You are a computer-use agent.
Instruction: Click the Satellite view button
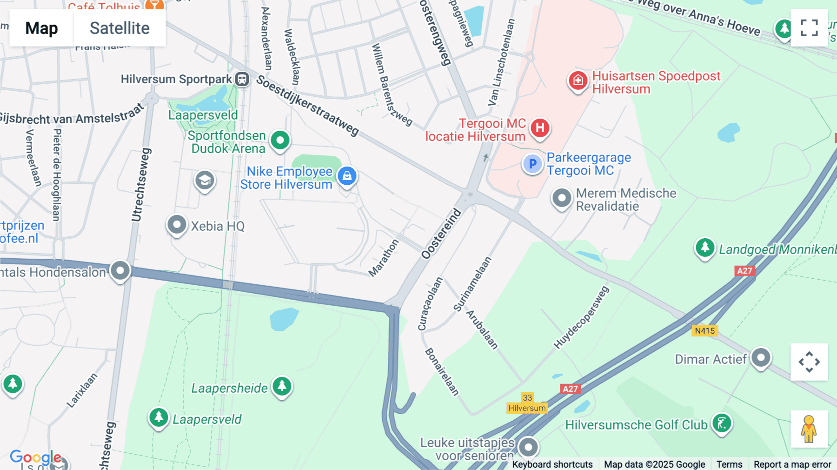coord(120,28)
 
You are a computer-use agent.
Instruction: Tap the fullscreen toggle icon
coord(809,28)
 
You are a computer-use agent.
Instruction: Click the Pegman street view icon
coord(809,429)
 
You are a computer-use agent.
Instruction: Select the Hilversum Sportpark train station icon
coord(242,79)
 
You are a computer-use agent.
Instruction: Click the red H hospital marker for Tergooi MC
coord(539,128)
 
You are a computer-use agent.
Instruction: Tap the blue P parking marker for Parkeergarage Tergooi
coord(532,164)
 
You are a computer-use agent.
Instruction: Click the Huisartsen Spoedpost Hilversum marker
coord(578,81)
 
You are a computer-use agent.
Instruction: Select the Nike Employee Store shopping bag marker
coord(347,176)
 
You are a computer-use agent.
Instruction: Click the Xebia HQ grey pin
coord(177,225)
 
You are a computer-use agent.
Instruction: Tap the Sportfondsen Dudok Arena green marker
coord(280,140)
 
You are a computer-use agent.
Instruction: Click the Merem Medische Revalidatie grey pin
coord(562,198)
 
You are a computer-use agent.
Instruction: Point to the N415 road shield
coord(704,331)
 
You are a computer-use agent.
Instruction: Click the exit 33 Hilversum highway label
coord(527,403)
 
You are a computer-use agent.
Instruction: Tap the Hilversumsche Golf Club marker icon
coord(722,423)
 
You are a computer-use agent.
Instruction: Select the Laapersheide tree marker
coord(282,386)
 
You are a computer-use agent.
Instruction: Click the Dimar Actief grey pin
coord(761,358)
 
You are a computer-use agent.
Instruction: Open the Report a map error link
coord(792,464)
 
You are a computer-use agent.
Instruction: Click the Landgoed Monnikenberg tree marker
coord(704,247)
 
